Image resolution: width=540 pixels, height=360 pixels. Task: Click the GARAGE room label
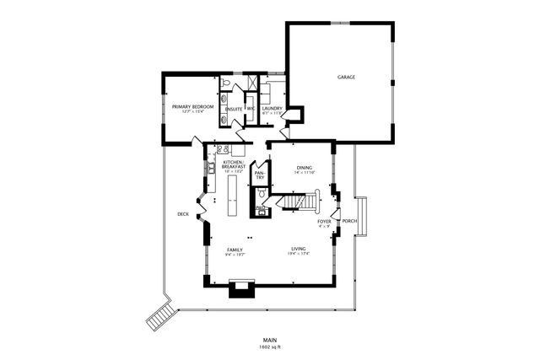tap(346, 77)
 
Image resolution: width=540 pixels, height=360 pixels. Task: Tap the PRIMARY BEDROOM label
tap(192, 107)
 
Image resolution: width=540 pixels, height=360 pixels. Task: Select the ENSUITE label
tap(234, 109)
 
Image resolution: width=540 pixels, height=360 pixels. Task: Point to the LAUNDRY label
tap(272, 108)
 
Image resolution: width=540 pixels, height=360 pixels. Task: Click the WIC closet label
tap(251, 109)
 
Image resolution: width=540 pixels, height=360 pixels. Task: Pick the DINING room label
tap(304, 168)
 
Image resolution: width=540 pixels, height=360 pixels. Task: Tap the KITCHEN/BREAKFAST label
tap(234, 164)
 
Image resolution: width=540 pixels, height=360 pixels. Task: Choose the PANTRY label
tap(260, 175)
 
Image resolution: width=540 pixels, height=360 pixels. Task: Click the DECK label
tap(183, 214)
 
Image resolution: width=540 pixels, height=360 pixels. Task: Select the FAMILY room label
tap(235, 250)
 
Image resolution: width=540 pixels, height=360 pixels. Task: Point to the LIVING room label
tap(299, 250)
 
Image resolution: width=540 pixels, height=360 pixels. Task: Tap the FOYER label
tap(324, 222)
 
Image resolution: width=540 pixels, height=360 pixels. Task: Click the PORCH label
tap(349, 222)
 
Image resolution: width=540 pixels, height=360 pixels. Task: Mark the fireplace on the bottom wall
tap(240, 291)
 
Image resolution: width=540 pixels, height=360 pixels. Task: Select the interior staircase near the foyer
tap(302, 202)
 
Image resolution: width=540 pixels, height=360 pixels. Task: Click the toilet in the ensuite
tap(226, 83)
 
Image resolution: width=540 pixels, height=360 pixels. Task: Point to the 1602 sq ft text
tap(270, 347)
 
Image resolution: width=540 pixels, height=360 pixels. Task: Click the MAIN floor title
tap(270, 339)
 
